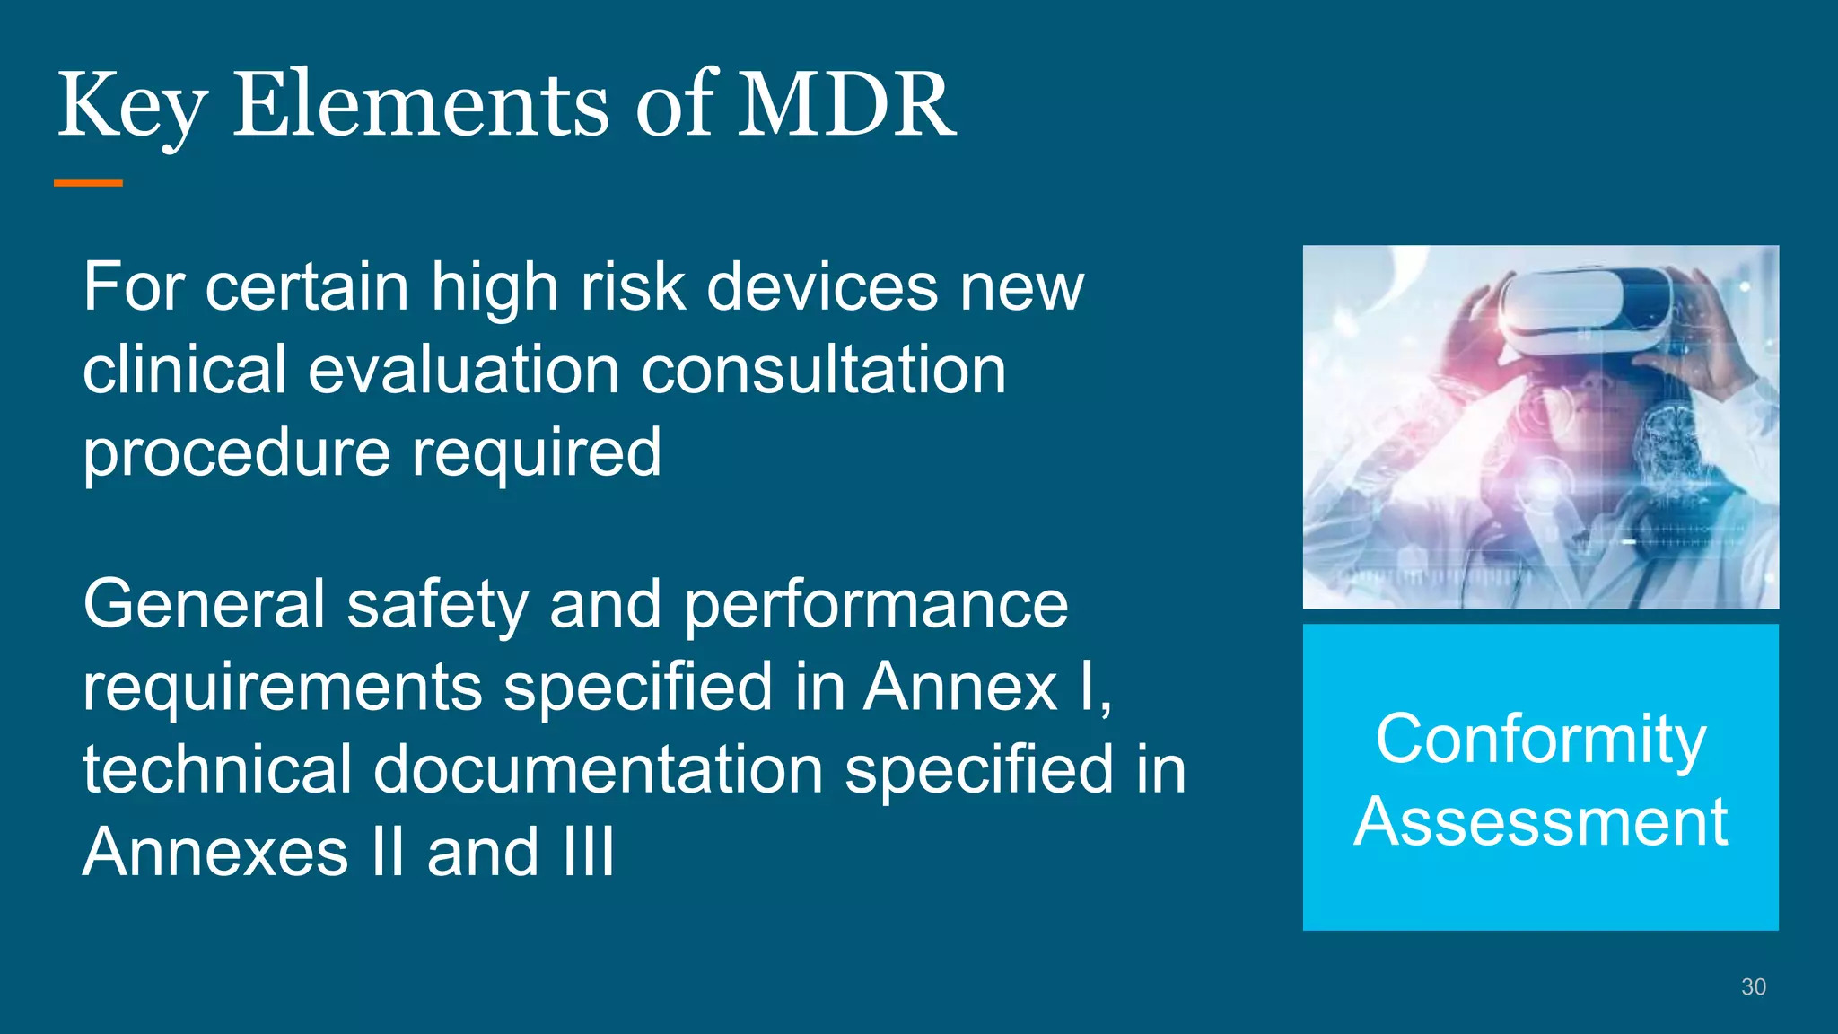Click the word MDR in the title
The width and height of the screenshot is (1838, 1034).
[845, 106]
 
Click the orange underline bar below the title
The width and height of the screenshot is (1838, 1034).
[88, 183]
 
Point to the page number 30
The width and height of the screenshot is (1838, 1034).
[1753, 987]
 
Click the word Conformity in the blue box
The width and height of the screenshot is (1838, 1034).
[1540, 740]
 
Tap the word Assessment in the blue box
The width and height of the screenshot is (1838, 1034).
[1540, 822]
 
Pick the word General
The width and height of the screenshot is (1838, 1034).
[204, 605]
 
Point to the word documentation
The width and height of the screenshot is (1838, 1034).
[598, 770]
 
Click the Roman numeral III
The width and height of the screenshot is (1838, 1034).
[589, 852]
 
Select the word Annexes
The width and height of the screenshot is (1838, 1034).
[215, 853]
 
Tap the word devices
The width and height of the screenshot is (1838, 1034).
[821, 288]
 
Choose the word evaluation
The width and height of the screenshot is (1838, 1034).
[464, 371]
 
